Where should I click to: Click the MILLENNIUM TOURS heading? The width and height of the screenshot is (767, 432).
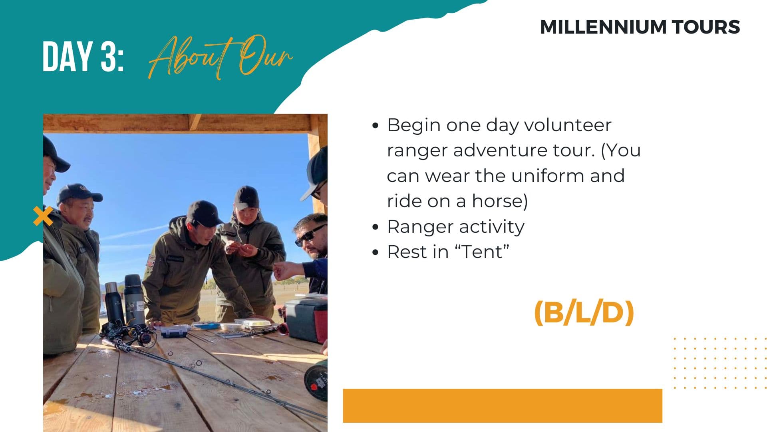pyautogui.click(x=640, y=27)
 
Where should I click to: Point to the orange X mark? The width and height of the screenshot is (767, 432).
pyautogui.click(x=43, y=216)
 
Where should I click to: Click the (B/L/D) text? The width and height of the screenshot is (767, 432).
pyautogui.click(x=584, y=312)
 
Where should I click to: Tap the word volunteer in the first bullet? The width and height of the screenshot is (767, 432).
pyautogui.click(x=567, y=125)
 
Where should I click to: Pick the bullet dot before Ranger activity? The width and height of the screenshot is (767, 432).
pyautogui.click(x=375, y=227)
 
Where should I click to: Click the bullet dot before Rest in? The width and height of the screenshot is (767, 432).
pyautogui.click(x=375, y=252)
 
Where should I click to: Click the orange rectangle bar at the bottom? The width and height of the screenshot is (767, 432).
pyautogui.click(x=502, y=406)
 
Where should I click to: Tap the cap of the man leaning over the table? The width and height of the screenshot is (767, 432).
pyautogui.click(x=204, y=213)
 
